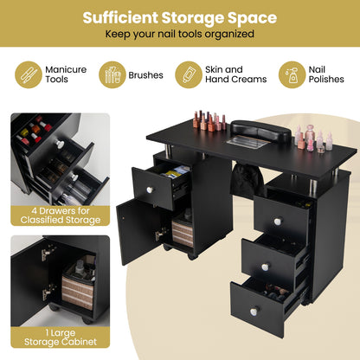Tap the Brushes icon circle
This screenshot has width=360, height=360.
click(x=112, y=74)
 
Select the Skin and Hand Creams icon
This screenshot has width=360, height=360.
click(x=189, y=74)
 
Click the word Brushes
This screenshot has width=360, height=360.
click(x=146, y=75)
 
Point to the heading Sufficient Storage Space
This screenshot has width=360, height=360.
click(x=180, y=17)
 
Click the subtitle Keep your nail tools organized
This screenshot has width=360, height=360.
click(x=180, y=35)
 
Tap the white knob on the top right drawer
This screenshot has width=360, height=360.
click(x=278, y=222)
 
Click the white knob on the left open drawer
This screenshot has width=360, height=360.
click(x=149, y=190)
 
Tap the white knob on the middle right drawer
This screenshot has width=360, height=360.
click(x=267, y=267)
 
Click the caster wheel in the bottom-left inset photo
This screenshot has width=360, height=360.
click(x=55, y=307)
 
